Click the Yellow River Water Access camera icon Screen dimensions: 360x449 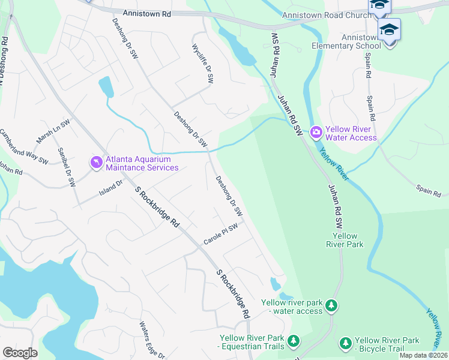coord(316,132)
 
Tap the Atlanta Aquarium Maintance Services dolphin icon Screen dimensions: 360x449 coord(96,163)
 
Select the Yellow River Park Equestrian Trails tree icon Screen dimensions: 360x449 coord(293,341)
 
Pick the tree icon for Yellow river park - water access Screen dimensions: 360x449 coord(331,306)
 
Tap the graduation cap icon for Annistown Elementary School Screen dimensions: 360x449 coord(389,29)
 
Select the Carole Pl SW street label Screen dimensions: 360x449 coord(220,233)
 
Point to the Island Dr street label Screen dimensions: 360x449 coord(110,189)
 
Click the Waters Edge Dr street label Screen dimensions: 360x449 coord(152,341)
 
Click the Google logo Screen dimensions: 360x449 coord(20,352)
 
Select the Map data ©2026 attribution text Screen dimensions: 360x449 coord(423,355)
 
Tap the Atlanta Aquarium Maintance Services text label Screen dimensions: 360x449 coord(142,163)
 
